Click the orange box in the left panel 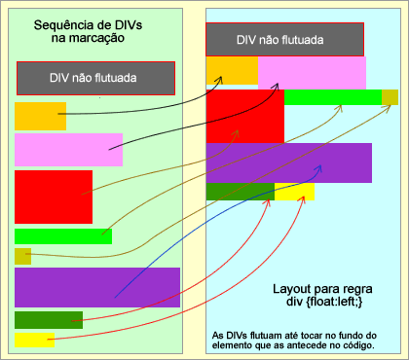point(40,116)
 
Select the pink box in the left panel point(67,150)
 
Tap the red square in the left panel point(53,197)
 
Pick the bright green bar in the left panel point(62,236)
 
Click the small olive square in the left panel point(22,256)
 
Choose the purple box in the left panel point(96,287)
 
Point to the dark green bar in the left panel point(48,319)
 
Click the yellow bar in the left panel point(34,340)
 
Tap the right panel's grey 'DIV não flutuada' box point(284,40)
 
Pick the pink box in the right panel point(312,73)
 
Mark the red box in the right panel point(244,117)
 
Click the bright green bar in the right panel point(331,96)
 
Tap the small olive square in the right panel point(390,96)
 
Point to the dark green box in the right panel point(240,192)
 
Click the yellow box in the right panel point(294,192)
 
